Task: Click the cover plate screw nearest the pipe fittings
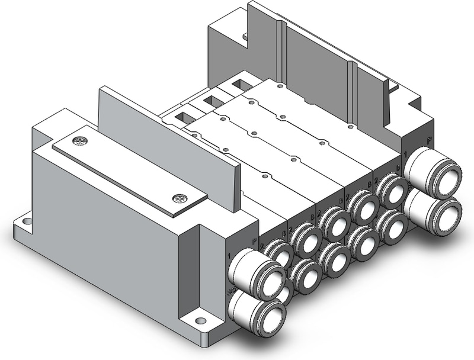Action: pos(176,198)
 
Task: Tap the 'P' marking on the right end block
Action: pos(428,140)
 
